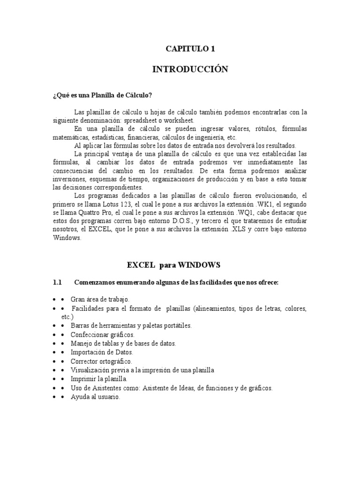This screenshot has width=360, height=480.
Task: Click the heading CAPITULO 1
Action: pyautogui.click(x=190, y=48)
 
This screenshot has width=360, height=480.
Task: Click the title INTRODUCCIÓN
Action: pyautogui.click(x=190, y=69)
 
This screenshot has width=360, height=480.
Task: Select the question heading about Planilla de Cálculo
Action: pyautogui.click(x=102, y=95)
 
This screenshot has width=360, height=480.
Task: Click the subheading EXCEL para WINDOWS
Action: pyautogui.click(x=173, y=265)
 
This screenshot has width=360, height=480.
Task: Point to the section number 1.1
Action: pyautogui.click(x=57, y=283)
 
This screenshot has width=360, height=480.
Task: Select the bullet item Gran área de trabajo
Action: pyautogui.click(x=99, y=299)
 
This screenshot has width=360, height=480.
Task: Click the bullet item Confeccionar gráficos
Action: pyautogui.click(x=102, y=335)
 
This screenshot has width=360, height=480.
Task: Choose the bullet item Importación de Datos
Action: pyautogui.click(x=102, y=352)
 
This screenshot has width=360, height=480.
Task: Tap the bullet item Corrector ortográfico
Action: pyautogui.click(x=101, y=361)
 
